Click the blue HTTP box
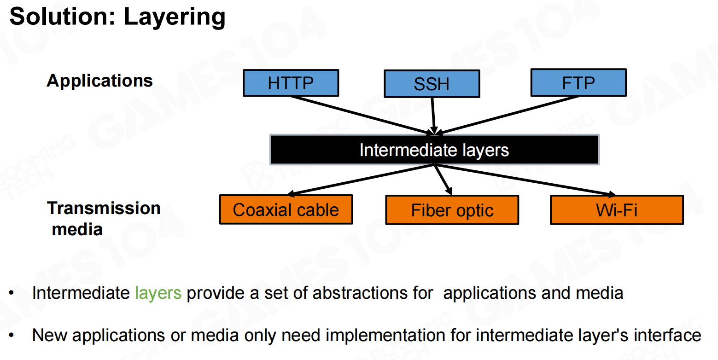coord(291,83)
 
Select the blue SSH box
coord(432,84)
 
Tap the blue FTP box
coord(578,83)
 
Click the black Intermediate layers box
coord(434,150)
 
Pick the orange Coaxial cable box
coord(286,209)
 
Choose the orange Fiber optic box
coord(452,210)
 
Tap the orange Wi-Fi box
coord(617,209)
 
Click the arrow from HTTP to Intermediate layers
coord(364,116)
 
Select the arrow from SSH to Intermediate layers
coord(433,115)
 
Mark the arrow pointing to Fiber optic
coord(443,180)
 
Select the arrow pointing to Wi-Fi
coord(525,180)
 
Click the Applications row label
coord(99,81)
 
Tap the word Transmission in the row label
coord(104,208)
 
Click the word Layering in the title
coord(175,17)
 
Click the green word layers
coord(158,293)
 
